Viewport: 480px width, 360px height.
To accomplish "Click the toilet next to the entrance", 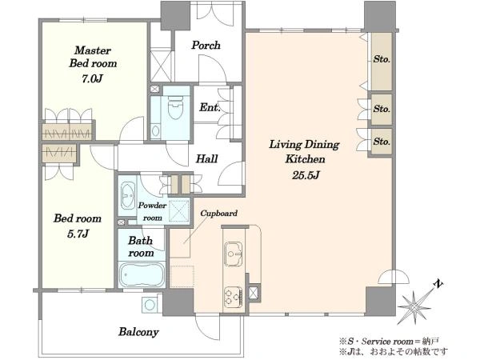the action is (x=175, y=107).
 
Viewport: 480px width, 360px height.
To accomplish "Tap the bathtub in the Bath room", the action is (x=142, y=274).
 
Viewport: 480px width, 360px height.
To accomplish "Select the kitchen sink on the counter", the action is (x=234, y=254).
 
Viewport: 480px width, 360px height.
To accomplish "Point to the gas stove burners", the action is (x=233, y=297).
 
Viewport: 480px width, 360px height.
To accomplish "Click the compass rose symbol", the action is (x=414, y=306).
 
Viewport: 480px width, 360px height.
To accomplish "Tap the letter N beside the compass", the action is (x=438, y=284).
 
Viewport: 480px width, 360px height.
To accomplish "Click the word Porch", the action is (x=206, y=46).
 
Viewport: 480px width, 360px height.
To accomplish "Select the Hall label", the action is (x=207, y=158).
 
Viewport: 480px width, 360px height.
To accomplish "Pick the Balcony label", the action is (x=138, y=332).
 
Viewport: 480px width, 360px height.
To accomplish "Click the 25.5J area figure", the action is (x=306, y=175).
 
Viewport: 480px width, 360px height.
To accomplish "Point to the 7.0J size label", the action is (x=91, y=79).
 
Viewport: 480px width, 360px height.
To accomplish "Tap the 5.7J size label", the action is (x=78, y=234).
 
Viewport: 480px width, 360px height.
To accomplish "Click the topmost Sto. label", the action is (x=382, y=59).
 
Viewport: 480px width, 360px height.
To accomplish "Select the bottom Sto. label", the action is (x=382, y=142).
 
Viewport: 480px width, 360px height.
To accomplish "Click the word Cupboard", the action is (x=218, y=213).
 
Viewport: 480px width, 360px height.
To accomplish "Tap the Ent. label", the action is (x=210, y=107).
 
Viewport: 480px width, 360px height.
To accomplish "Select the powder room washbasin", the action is (x=127, y=196).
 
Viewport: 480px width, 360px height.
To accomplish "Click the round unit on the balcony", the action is (x=150, y=305).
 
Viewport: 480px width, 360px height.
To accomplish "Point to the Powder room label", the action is (x=152, y=211).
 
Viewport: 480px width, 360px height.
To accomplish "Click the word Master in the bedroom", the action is (x=93, y=50).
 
